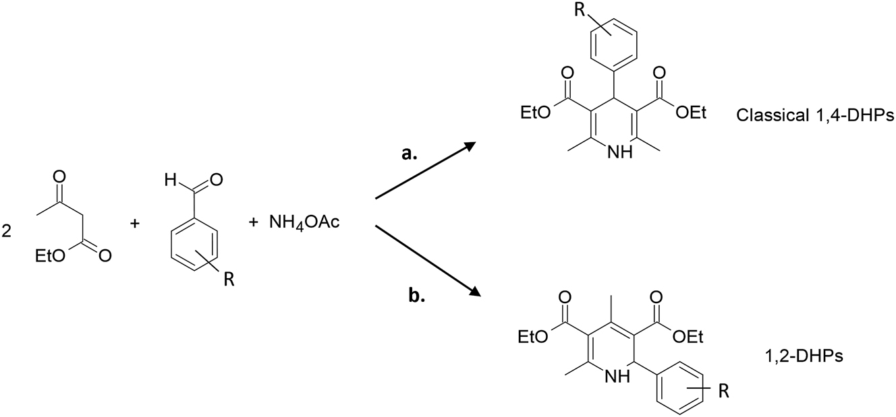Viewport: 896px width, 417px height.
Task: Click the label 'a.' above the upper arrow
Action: (x=409, y=154)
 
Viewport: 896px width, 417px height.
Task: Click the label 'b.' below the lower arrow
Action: (x=416, y=296)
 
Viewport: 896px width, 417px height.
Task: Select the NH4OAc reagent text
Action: (x=304, y=222)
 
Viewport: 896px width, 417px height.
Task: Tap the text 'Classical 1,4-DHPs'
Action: (x=815, y=116)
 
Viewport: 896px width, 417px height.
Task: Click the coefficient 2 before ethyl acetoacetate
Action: (x=6, y=231)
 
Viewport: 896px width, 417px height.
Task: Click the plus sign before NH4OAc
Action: (x=253, y=222)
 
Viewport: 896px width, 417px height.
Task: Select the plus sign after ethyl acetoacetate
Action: (x=135, y=223)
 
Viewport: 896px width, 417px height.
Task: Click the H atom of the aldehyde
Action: (x=170, y=181)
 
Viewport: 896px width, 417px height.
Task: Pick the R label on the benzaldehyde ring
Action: (x=229, y=280)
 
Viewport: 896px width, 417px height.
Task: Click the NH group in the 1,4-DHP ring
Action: (x=619, y=152)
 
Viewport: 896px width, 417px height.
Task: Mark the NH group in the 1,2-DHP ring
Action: (x=617, y=376)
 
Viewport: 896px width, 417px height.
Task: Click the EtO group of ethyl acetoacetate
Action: (x=50, y=256)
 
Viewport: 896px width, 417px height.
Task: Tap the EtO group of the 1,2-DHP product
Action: (x=533, y=337)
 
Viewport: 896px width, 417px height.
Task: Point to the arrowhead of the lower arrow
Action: (x=473, y=291)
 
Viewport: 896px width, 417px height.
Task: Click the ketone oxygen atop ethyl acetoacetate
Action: (x=59, y=177)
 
